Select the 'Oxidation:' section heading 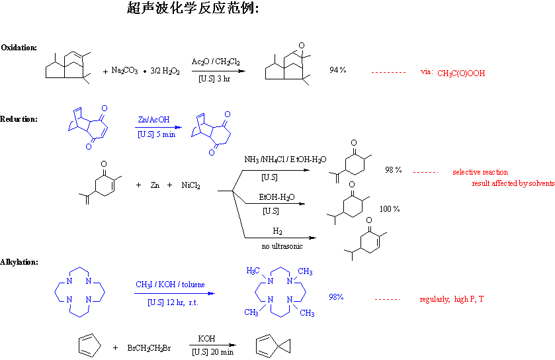click(x=19, y=48)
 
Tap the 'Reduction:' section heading click(x=19, y=119)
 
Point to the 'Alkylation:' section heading click(x=19, y=262)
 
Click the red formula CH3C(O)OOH click(x=461, y=73)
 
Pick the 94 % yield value click(x=338, y=69)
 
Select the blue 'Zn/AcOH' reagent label click(x=153, y=120)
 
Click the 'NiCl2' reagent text click(x=191, y=186)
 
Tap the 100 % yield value click(x=390, y=209)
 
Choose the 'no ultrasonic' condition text click(x=282, y=246)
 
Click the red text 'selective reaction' click(x=480, y=172)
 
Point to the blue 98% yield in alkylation click(x=336, y=297)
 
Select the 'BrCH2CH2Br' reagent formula click(x=149, y=347)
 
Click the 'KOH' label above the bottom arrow click(x=207, y=338)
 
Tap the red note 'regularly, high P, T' click(x=452, y=299)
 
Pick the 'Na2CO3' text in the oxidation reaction click(x=124, y=71)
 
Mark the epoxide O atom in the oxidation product click(x=302, y=45)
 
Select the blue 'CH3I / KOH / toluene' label click(x=170, y=285)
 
